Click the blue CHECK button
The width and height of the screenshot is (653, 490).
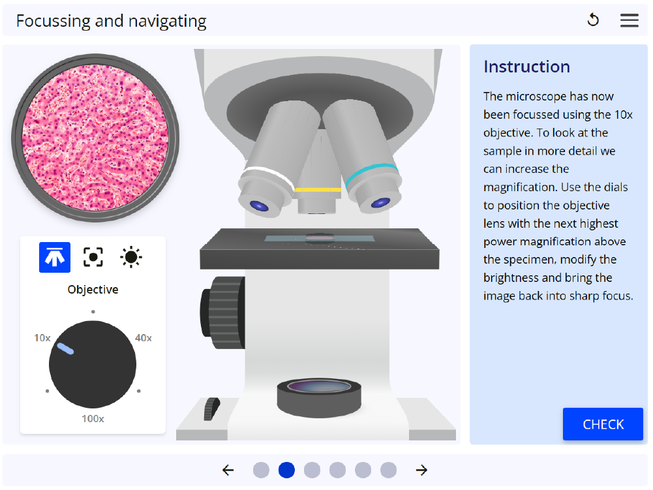[603, 423]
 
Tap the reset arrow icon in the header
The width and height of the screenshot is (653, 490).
[593, 20]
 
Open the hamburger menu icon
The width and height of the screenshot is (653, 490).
[629, 20]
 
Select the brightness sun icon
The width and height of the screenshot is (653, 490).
[130, 257]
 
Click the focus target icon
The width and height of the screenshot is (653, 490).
[93, 257]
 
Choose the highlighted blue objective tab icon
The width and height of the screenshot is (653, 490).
[55, 257]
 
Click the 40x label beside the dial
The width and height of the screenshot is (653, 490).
[144, 338]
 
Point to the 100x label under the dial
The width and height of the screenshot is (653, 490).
[93, 418]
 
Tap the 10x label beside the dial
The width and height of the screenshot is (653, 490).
[42, 338]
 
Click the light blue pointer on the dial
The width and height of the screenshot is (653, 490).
[65, 349]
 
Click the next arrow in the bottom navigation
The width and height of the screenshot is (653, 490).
[421, 470]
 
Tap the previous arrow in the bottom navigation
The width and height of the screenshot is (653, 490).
[228, 470]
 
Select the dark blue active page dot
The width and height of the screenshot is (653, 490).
[286, 470]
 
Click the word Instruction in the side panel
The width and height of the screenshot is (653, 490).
[526, 67]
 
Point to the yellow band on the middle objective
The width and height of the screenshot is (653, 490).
[317, 190]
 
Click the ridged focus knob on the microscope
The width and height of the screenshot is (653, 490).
[223, 313]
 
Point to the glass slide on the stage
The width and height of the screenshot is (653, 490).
[320, 238]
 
